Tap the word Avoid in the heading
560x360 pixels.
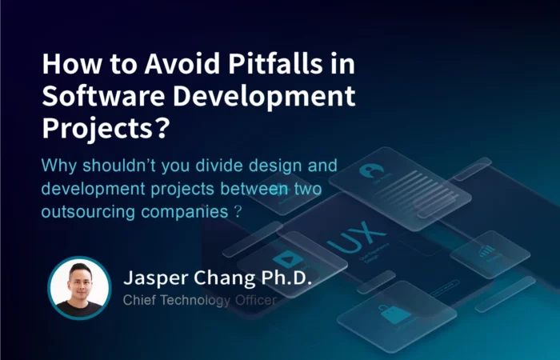pos(182,63)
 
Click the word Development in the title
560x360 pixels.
pos(264,97)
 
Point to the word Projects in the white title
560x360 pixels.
pos(98,129)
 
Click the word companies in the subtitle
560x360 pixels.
pos(184,212)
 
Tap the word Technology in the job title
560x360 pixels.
pos(194,301)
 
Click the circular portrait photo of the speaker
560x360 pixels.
pos(79,288)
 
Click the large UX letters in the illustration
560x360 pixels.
pos(357,237)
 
